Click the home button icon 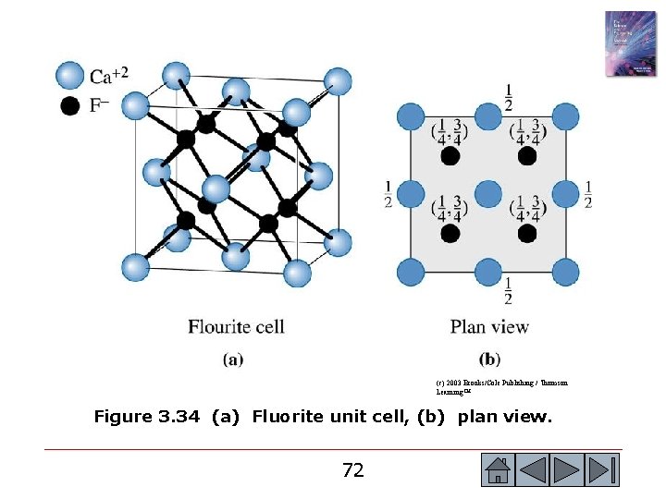point(498,470)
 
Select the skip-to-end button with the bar point(603,470)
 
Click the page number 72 point(352,470)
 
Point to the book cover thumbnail point(630,43)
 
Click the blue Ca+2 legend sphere point(70,76)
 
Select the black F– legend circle point(70,106)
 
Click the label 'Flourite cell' point(236,326)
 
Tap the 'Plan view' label point(489,326)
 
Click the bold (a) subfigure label point(233,359)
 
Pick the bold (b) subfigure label point(489,359)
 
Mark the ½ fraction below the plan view point(508,290)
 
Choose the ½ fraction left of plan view point(388,194)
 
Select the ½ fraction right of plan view point(588,194)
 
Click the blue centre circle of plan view point(487,194)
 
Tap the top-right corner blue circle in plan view point(565,117)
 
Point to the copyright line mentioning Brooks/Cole point(501,383)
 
